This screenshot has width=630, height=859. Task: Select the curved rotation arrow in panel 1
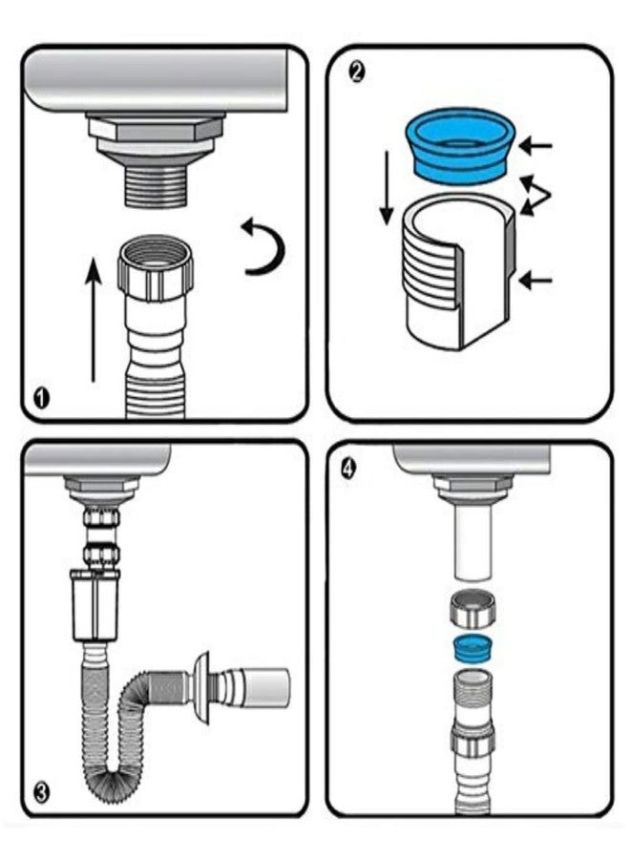click(x=262, y=246)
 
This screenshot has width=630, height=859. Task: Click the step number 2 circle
click(x=357, y=71)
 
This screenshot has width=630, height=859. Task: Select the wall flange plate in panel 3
click(x=202, y=689)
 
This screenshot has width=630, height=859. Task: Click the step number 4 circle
click(x=348, y=469)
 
